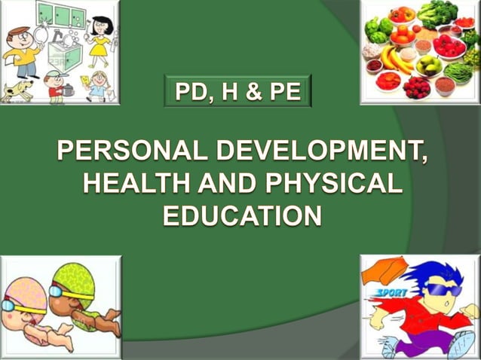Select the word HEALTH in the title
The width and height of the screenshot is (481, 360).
127,184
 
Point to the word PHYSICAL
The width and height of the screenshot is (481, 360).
332,184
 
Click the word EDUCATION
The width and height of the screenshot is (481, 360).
242,215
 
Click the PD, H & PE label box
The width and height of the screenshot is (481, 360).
237,93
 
